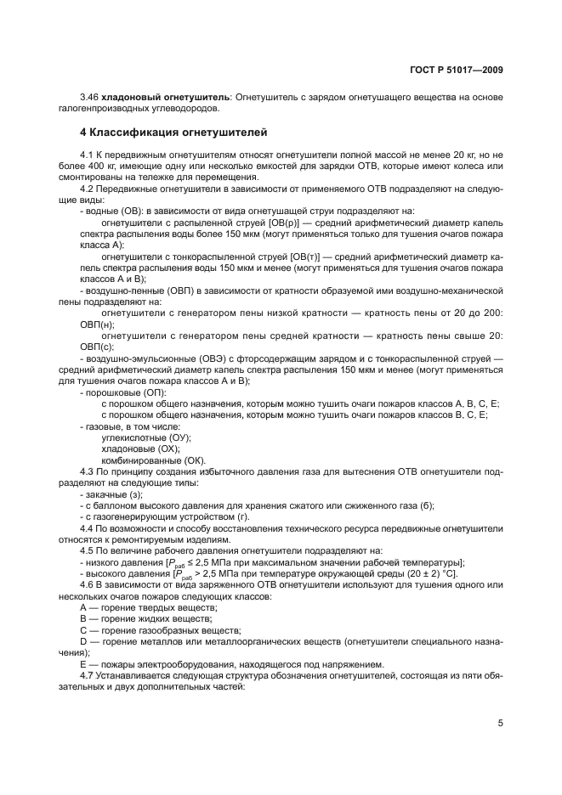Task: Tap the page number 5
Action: click(x=501, y=725)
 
